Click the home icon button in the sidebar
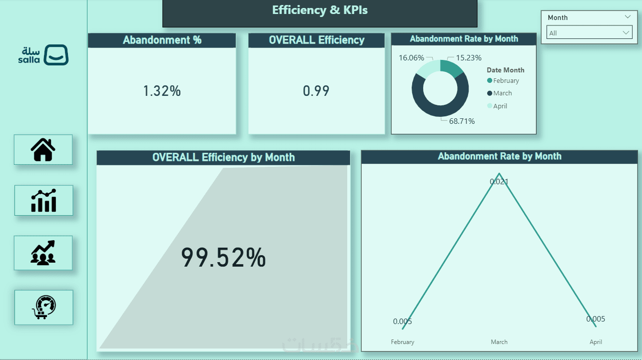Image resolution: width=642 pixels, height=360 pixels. (x=43, y=149)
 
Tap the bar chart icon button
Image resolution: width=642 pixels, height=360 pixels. (x=43, y=200)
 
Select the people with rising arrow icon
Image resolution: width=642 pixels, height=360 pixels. (x=43, y=253)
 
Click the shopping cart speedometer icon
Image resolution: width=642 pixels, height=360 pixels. (x=43, y=307)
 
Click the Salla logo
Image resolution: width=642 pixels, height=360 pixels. (x=43, y=55)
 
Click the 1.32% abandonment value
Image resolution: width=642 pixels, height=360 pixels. (x=162, y=91)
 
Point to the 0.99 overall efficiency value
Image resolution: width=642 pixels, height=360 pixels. (x=316, y=91)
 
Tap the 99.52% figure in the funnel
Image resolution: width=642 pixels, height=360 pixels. (x=223, y=258)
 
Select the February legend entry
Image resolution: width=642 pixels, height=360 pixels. (x=506, y=81)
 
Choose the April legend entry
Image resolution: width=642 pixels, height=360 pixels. (x=500, y=106)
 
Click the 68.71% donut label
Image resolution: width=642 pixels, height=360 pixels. (x=462, y=121)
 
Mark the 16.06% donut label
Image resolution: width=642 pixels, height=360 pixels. (x=411, y=58)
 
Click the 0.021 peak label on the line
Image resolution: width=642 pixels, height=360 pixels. (x=499, y=182)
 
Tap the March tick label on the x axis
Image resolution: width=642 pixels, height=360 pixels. (x=499, y=342)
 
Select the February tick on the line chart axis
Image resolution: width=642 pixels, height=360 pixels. (x=403, y=342)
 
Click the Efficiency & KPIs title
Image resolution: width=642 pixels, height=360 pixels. (x=320, y=10)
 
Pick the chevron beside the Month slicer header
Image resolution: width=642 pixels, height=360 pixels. (x=628, y=16)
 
